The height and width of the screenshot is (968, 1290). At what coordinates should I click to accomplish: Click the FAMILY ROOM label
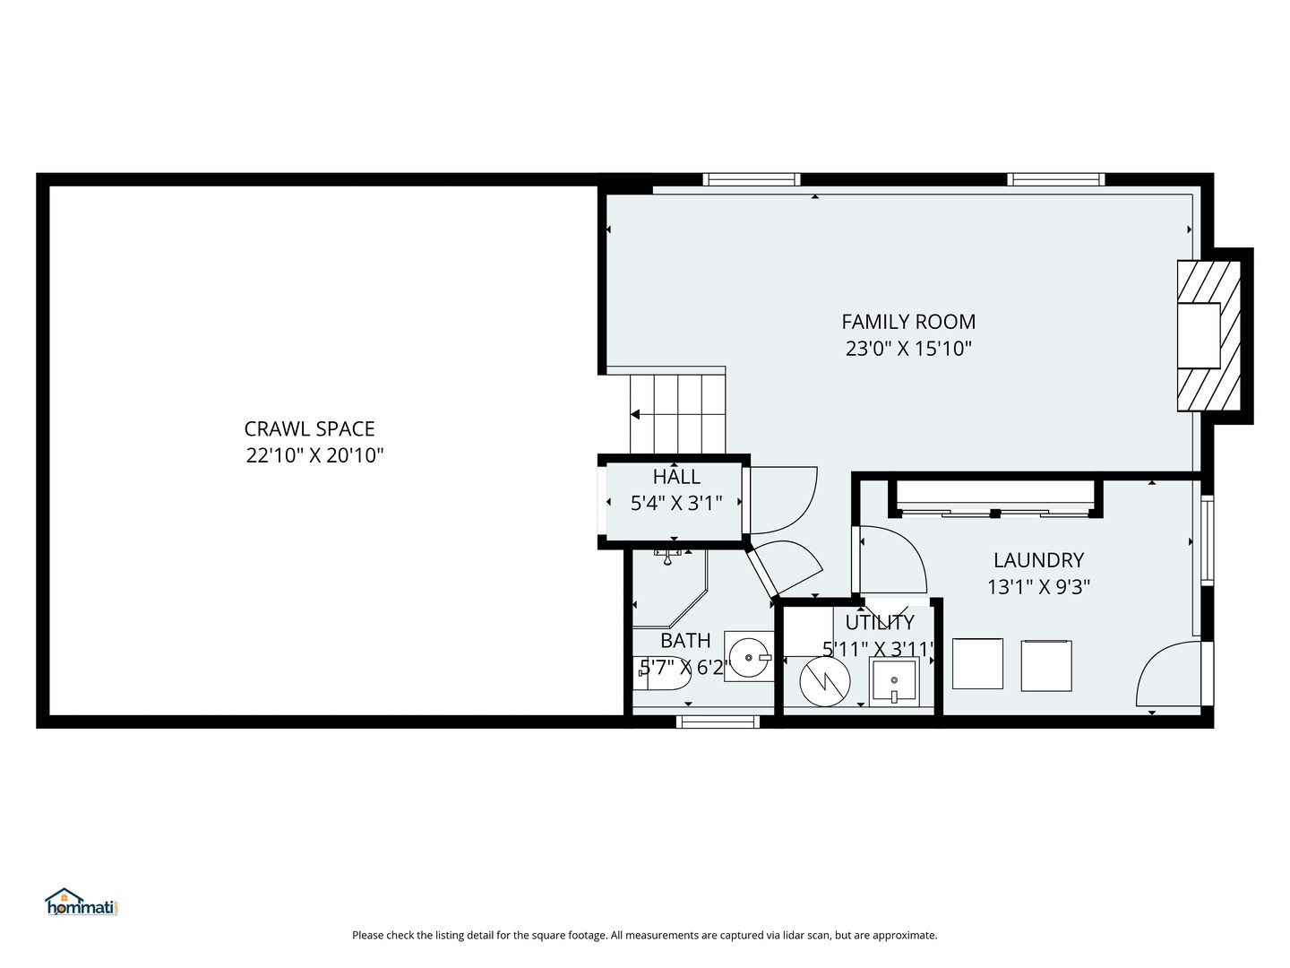click(x=908, y=322)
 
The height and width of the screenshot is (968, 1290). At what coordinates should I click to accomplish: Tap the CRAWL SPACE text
click(x=309, y=429)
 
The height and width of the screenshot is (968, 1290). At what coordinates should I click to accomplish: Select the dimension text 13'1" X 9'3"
click(x=1038, y=586)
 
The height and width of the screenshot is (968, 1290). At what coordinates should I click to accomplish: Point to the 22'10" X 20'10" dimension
click(x=314, y=455)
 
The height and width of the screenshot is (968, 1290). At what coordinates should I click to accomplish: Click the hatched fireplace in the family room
click(x=1208, y=335)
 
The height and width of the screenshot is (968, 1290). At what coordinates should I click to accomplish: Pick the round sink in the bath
click(x=749, y=657)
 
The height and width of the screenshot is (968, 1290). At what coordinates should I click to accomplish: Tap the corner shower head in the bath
click(x=667, y=556)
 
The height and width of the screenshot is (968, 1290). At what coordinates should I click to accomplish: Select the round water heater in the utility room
click(x=825, y=682)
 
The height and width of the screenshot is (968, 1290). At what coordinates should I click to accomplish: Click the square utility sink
click(x=894, y=682)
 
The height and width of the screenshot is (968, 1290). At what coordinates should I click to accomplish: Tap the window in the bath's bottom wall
click(x=718, y=722)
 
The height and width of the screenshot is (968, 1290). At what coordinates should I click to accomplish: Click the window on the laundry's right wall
click(x=1207, y=540)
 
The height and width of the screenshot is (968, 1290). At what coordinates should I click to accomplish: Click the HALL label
click(x=676, y=476)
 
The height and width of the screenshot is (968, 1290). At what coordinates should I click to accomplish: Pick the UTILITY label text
click(x=879, y=622)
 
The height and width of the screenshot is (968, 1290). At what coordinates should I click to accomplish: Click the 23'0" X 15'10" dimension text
click(x=908, y=349)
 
